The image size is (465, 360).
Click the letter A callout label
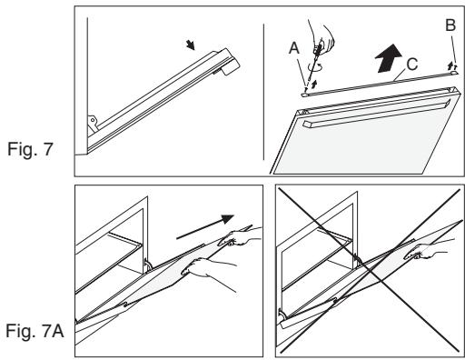(294, 48)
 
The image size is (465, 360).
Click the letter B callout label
(450, 25)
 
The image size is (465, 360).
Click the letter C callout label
(412, 65)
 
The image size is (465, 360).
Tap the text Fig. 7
(30, 149)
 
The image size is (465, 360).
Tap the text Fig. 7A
(35, 331)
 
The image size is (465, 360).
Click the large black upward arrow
(388, 58)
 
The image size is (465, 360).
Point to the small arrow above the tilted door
(191, 45)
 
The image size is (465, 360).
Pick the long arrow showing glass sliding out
(205, 226)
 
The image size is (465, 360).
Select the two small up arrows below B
(452, 65)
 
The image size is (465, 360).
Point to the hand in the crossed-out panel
(427, 249)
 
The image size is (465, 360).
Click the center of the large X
(370, 270)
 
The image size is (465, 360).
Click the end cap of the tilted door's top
(230, 62)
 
